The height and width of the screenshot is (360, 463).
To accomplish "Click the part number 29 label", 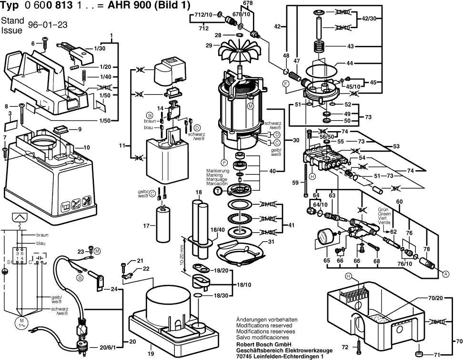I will (208, 45).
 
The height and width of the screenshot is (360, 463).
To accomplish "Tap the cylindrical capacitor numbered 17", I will (165, 225).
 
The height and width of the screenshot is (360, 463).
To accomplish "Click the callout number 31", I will (271, 242).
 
